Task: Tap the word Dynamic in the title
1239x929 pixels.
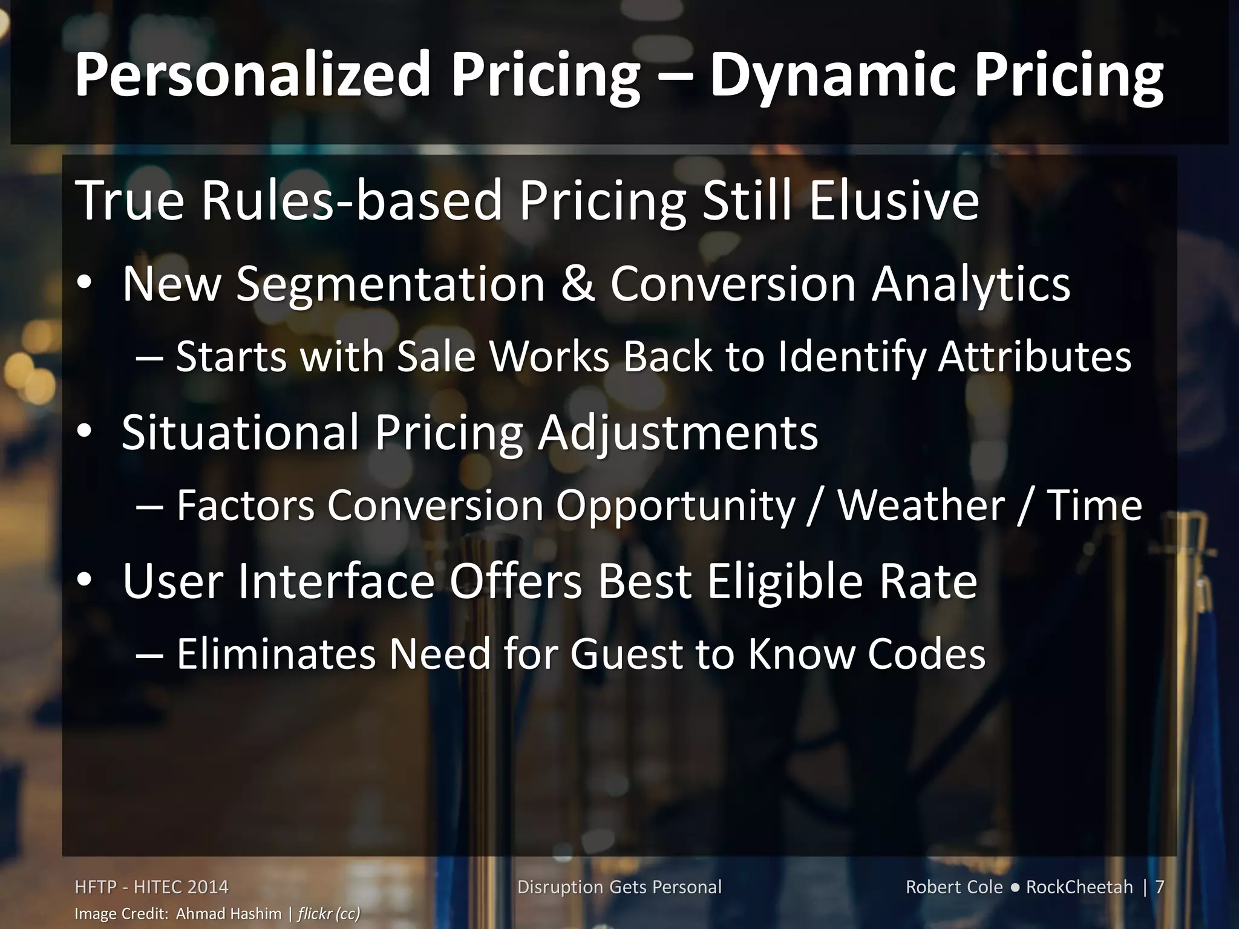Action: coord(819,75)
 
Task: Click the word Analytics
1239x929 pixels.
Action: coord(970,284)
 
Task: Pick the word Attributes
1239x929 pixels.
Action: coord(1034,357)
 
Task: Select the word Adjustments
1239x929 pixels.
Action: coord(678,433)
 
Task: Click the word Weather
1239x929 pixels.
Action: coord(921,506)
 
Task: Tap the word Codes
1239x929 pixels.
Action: coord(926,654)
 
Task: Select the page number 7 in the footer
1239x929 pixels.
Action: coord(1159,887)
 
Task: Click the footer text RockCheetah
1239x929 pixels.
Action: coord(1079,887)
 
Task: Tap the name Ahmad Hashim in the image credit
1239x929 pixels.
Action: coord(229,913)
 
